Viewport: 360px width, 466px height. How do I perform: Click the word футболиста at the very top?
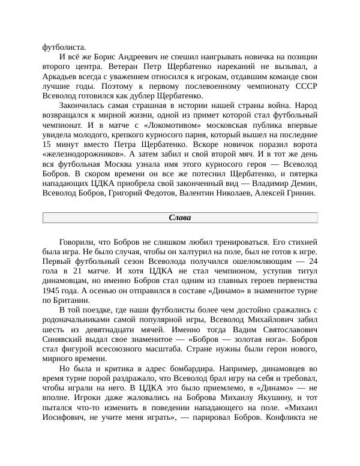coord(64,47)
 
